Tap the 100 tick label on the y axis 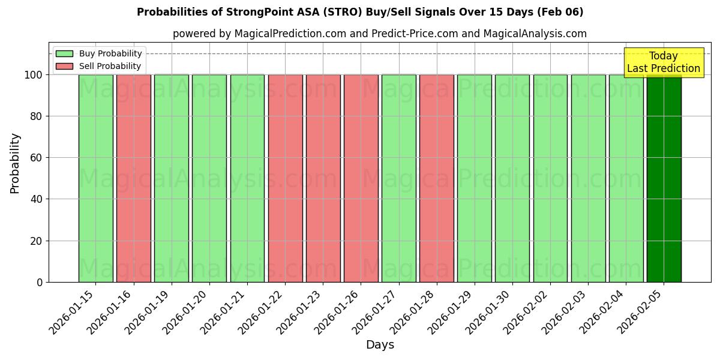point(34,75)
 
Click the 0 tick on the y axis point(40,283)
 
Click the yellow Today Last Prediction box point(663,62)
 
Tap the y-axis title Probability point(15,163)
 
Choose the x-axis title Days point(380,345)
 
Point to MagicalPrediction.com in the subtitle point(289,34)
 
